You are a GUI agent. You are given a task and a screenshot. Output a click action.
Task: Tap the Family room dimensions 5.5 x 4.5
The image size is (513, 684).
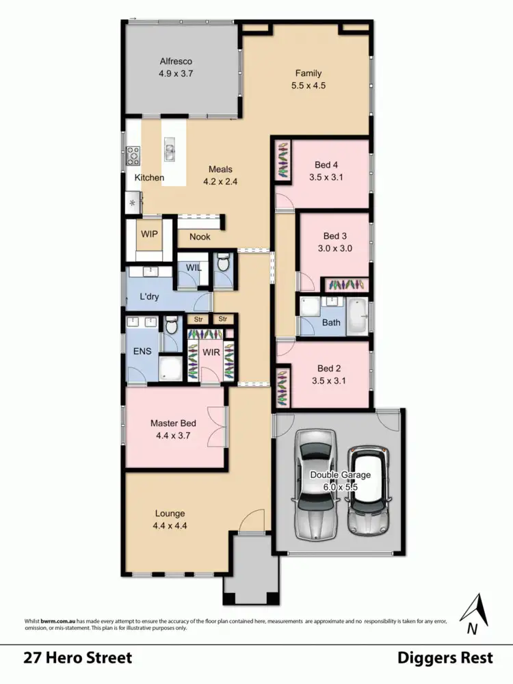click(308, 87)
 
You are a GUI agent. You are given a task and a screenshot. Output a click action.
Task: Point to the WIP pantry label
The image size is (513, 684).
click(150, 234)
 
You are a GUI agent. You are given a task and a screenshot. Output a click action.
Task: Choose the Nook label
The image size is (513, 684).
click(200, 237)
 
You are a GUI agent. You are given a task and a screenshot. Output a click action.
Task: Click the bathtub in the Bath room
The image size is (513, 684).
click(356, 315)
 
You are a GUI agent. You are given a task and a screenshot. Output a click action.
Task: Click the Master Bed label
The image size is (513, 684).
click(173, 423)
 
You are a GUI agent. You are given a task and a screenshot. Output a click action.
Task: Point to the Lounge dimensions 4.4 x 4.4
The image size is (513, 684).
click(170, 526)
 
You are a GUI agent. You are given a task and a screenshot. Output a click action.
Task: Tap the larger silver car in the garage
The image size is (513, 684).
click(316, 482)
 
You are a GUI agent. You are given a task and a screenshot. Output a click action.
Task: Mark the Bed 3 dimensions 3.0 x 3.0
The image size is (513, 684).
click(334, 249)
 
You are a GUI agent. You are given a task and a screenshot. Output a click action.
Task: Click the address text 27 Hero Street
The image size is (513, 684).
click(77, 658)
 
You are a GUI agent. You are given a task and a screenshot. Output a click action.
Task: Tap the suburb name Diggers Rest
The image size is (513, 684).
click(445, 658)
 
